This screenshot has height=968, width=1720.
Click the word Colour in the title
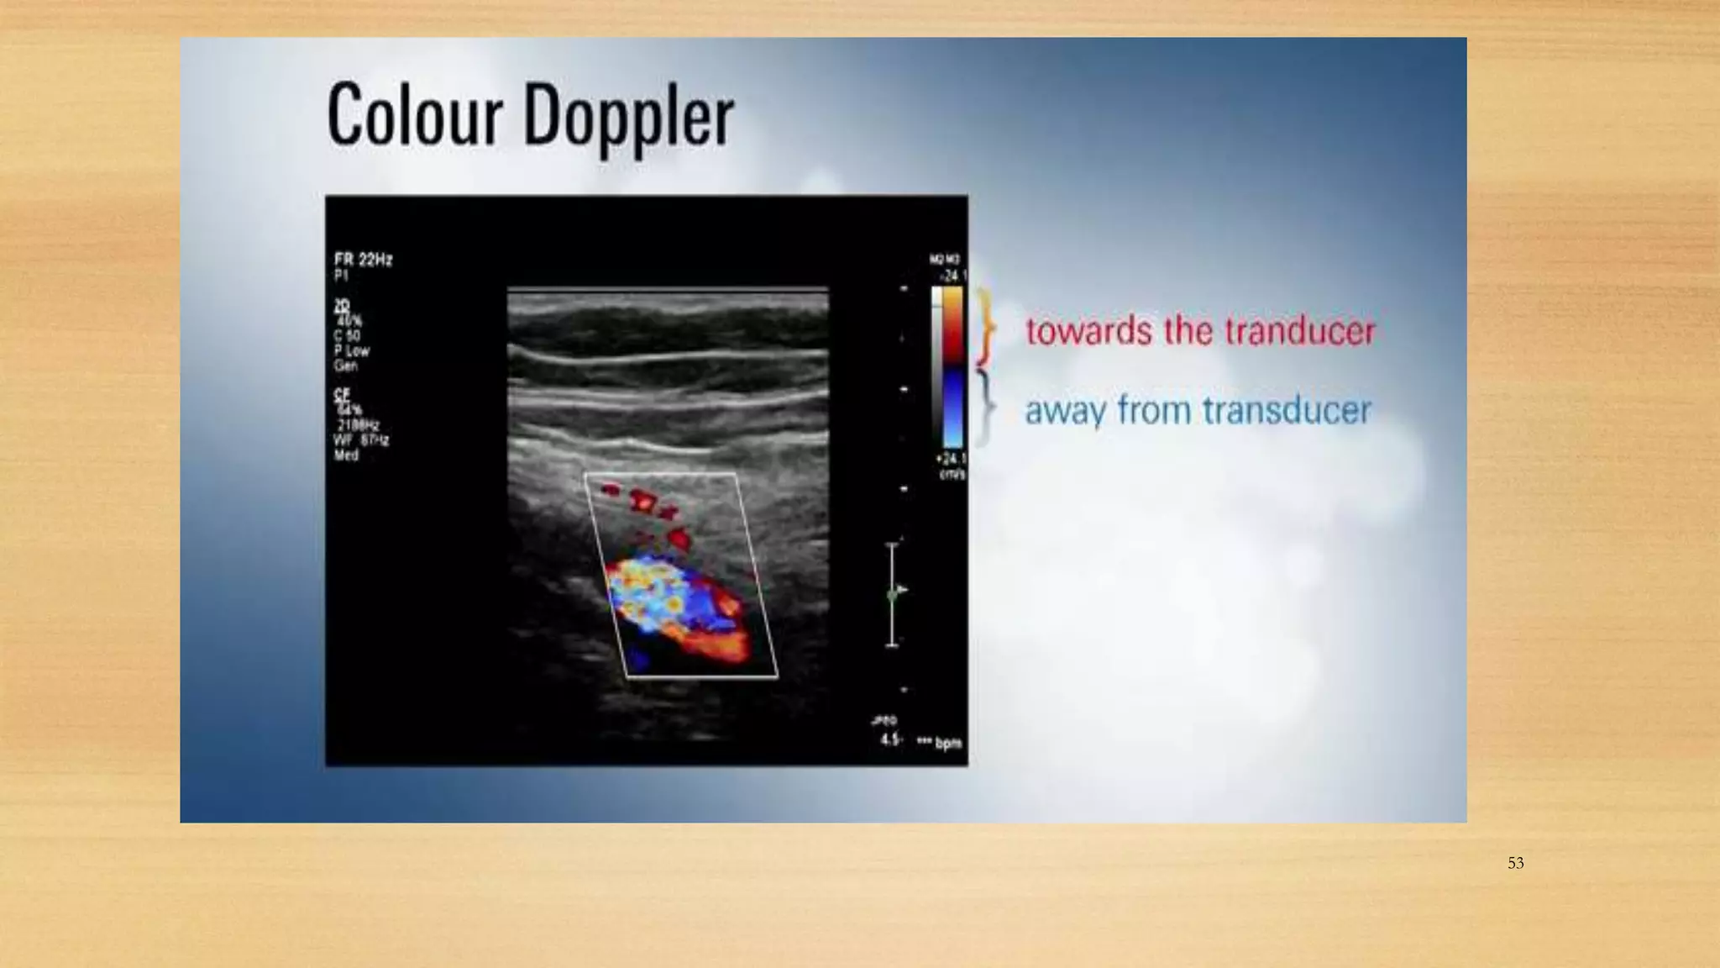tap(414, 115)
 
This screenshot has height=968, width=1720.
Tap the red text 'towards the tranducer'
tap(1200, 330)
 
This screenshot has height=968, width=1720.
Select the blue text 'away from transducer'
tap(1198, 410)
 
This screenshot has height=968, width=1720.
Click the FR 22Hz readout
tap(363, 260)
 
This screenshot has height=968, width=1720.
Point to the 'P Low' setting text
tap(351, 350)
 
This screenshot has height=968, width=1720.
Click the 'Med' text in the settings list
tap(346, 455)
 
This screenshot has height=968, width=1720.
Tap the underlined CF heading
tap(341, 394)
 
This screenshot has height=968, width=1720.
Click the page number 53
tap(1515, 863)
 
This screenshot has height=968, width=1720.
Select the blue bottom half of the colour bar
tap(952, 408)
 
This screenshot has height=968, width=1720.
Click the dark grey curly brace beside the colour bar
tap(986, 408)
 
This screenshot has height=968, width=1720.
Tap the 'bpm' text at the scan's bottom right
tap(948, 743)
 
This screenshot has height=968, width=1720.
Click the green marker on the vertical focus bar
tap(892, 595)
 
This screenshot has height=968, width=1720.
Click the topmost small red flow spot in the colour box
tap(611, 488)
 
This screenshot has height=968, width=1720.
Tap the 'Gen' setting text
tap(345, 366)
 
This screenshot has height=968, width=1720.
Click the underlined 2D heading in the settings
tap(341, 306)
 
